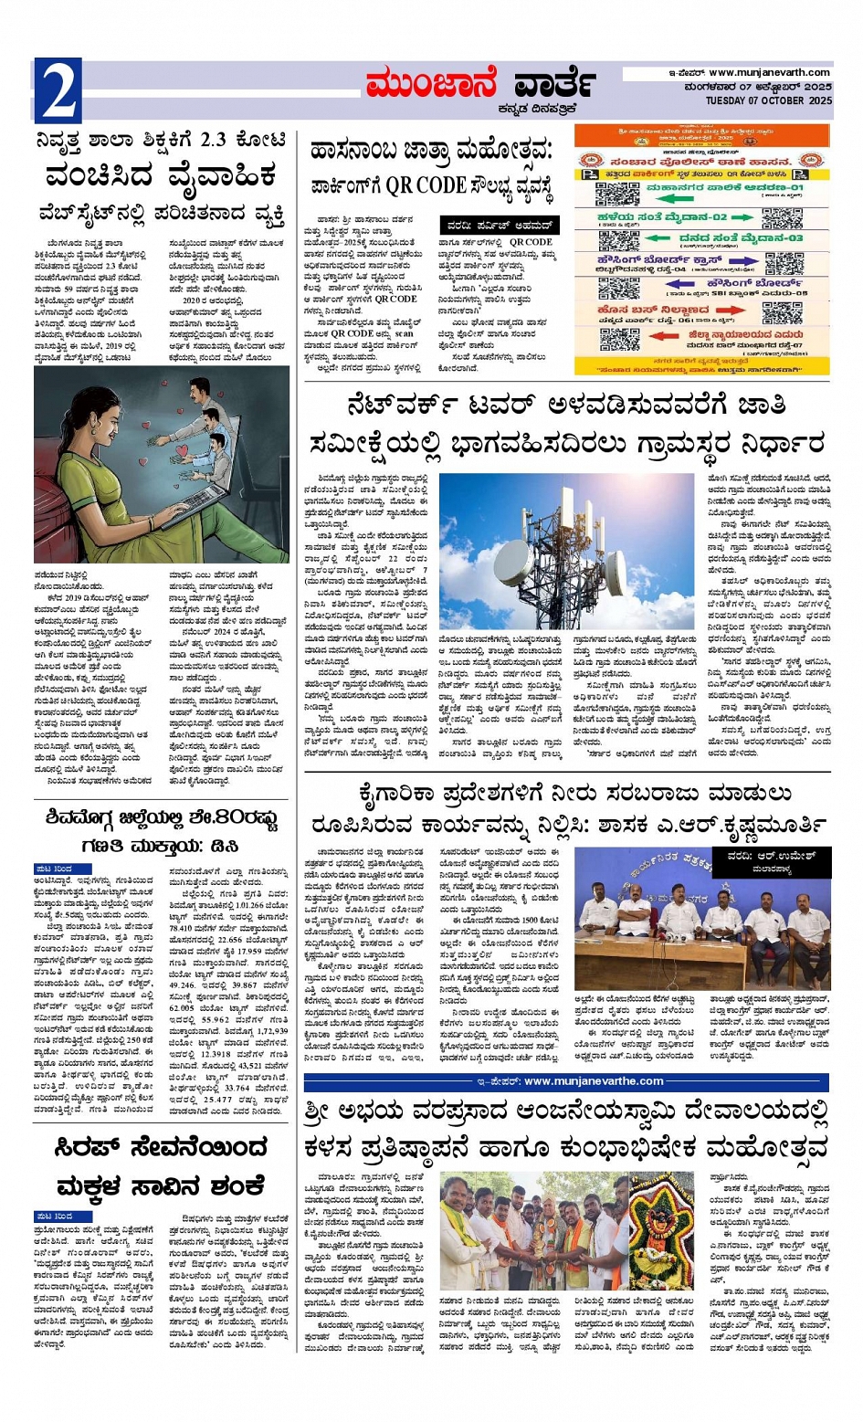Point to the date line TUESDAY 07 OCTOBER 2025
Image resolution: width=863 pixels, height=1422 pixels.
click(768, 100)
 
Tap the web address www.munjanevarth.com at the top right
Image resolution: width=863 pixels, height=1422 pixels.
click(769, 73)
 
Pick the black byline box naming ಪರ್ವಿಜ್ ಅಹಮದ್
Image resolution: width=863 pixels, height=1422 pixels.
click(499, 225)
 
